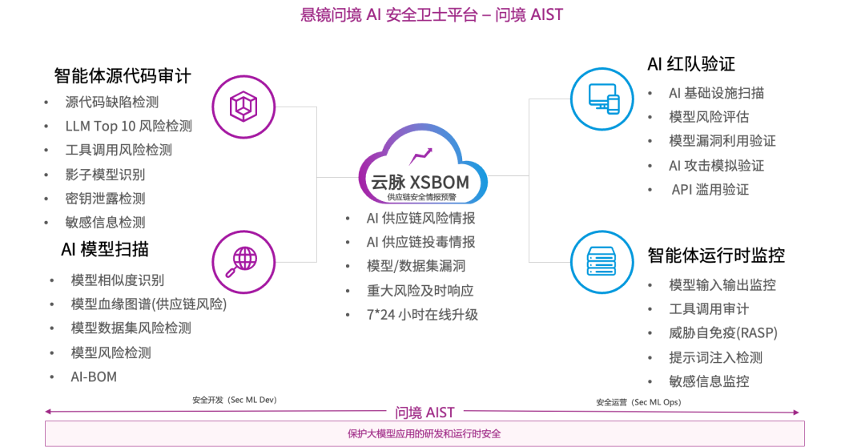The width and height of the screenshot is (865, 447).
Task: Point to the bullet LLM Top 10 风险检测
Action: (x=129, y=127)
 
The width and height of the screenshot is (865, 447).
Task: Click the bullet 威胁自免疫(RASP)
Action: (x=723, y=333)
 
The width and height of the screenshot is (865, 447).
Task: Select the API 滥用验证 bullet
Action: (x=710, y=190)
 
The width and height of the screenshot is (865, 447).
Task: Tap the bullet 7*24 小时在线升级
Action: (x=422, y=315)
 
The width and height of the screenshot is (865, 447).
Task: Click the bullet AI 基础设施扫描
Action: (x=717, y=94)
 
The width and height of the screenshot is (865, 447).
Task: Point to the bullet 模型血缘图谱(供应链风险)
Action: (x=149, y=304)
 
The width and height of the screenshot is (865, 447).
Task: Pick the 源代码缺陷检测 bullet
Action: (x=112, y=103)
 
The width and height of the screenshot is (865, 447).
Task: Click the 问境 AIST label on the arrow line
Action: (x=425, y=413)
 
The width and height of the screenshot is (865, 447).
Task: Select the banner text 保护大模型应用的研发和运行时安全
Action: (x=424, y=434)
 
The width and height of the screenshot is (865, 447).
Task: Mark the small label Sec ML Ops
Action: (x=638, y=401)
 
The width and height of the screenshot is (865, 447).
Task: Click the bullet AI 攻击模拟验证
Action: (x=717, y=166)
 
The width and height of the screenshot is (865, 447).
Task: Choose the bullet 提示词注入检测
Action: (x=716, y=357)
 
